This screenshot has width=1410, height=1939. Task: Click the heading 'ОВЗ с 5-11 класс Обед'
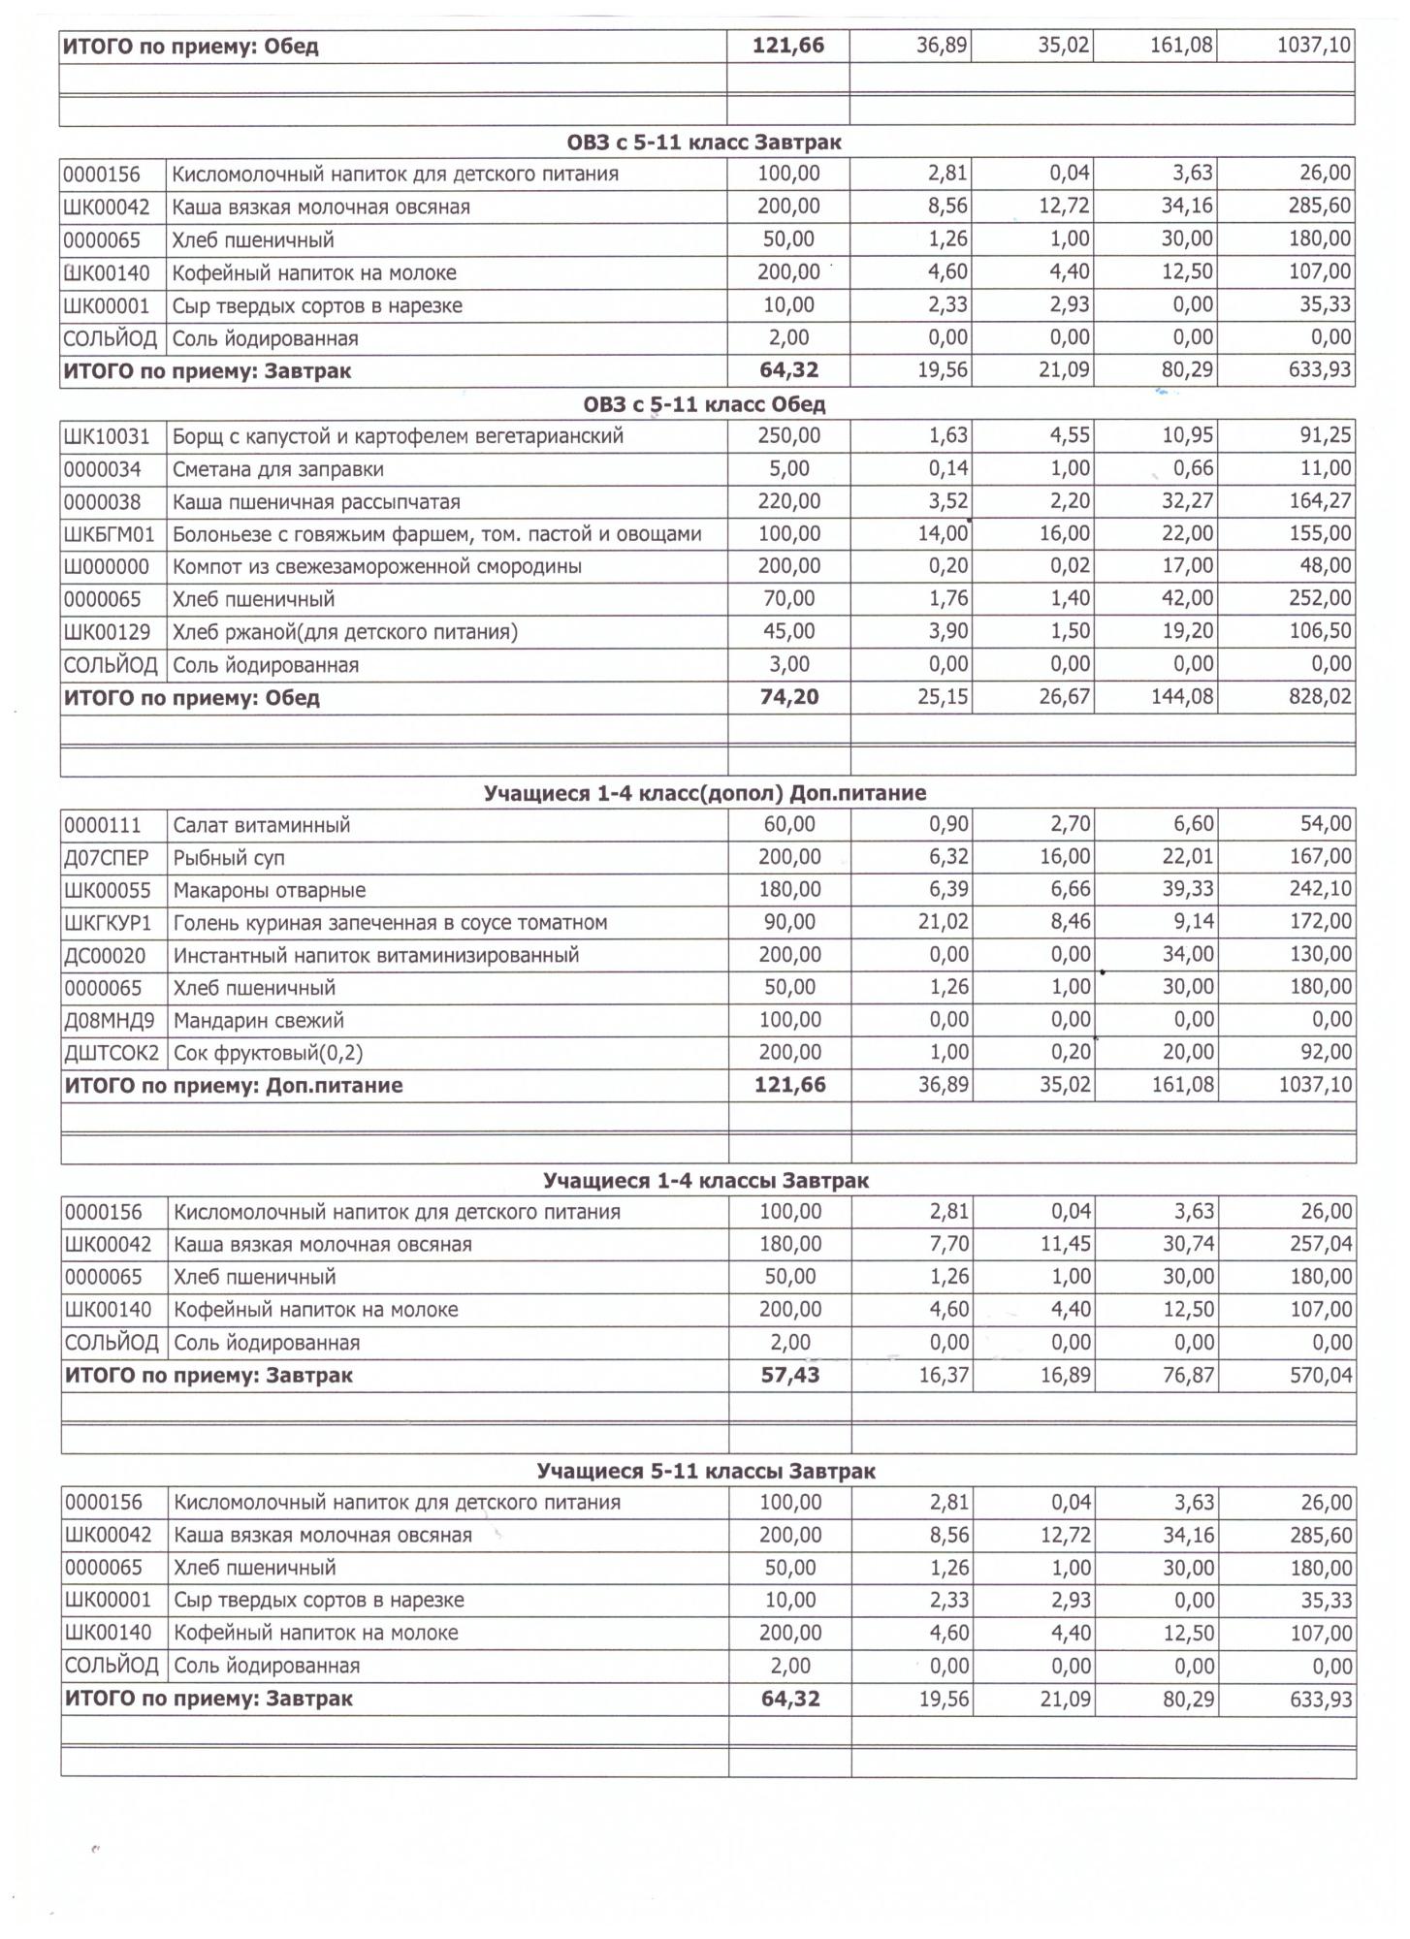(x=704, y=403)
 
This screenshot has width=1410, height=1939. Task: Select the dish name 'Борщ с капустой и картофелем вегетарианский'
(x=398, y=436)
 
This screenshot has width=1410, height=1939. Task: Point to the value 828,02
(x=1320, y=697)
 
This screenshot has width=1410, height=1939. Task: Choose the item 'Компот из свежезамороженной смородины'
(x=377, y=566)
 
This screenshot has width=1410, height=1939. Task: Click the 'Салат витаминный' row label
(x=261, y=826)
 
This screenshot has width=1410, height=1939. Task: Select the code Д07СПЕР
(x=107, y=858)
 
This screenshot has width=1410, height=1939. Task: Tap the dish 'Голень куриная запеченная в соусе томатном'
(x=390, y=923)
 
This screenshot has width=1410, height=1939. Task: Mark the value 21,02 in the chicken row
(x=943, y=922)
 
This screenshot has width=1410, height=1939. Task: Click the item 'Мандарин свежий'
(x=258, y=1021)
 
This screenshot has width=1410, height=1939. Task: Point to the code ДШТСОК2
(x=112, y=1053)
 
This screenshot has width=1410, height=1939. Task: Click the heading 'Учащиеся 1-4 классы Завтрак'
(x=706, y=1181)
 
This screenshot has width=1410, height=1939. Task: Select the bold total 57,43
(x=790, y=1375)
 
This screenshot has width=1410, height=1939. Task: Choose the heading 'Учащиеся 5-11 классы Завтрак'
(x=706, y=1472)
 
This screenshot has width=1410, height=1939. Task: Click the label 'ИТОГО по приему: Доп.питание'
(x=234, y=1086)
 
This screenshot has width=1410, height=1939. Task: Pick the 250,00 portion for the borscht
(x=788, y=436)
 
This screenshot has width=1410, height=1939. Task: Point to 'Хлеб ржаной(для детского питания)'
(x=345, y=632)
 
